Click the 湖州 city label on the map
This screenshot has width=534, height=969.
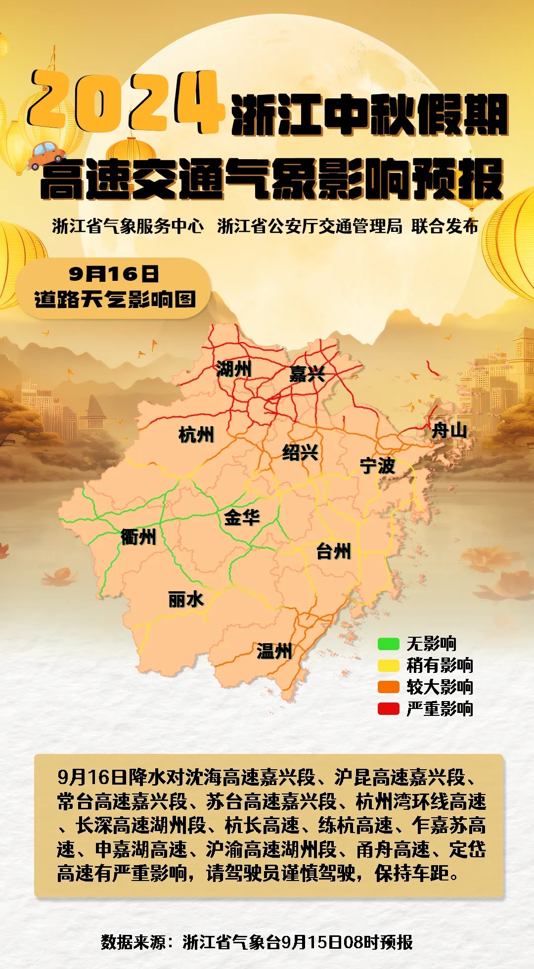(x=234, y=369)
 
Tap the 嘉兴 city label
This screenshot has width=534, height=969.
(x=307, y=374)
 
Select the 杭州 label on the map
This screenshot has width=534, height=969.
(x=196, y=435)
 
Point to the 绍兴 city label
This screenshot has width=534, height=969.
(x=300, y=452)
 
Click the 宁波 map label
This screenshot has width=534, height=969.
(x=377, y=465)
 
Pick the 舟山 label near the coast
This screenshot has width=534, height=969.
(x=449, y=430)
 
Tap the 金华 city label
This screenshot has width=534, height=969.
(x=242, y=518)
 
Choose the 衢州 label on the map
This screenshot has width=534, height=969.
(x=138, y=537)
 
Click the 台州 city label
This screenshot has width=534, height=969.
(x=334, y=551)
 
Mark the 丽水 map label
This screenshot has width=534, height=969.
(x=185, y=600)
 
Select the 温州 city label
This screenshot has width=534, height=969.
(x=274, y=651)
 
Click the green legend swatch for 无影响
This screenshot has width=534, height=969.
(x=388, y=644)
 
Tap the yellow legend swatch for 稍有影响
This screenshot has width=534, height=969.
(x=388, y=665)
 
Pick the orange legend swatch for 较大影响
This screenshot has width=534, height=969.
(x=388, y=687)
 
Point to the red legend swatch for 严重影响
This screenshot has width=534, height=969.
(x=388, y=709)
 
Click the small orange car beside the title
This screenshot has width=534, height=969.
(x=45, y=155)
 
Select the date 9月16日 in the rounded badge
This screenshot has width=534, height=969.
(x=114, y=273)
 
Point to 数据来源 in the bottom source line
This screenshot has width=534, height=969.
(x=133, y=942)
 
